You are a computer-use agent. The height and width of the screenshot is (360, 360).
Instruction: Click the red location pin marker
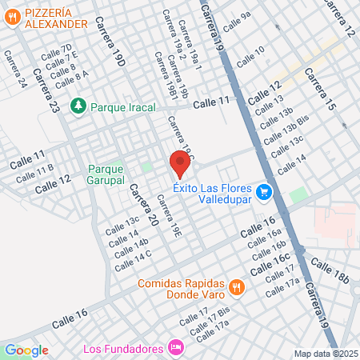[179, 164]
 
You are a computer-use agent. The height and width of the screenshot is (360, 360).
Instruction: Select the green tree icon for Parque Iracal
[78, 106]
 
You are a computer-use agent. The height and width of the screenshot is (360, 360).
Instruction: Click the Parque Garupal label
[106, 174]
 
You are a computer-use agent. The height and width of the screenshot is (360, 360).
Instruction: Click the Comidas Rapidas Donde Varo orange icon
[236, 286]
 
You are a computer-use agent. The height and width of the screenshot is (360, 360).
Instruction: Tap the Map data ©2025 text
[326, 354]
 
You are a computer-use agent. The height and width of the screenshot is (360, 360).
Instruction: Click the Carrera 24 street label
[14, 70]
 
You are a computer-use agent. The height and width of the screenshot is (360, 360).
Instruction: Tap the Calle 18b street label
[330, 270]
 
